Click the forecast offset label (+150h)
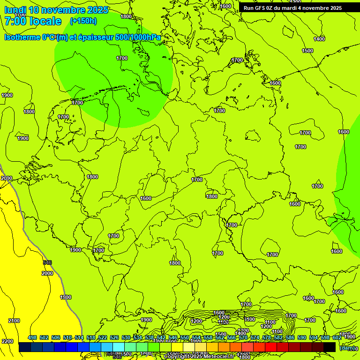pyautogui.click(x=83, y=21)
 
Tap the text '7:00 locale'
pyautogui.click(x=33, y=21)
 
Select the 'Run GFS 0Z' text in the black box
pyautogui.click(x=260, y=8)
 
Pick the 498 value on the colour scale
pyautogui.click(x=32, y=337)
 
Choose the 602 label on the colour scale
pyautogui.click(x=337, y=337)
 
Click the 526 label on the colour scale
pyautogui.click(x=114, y=337)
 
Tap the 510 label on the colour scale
pyautogui.click(x=67, y=337)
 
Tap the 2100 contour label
pyautogui.click(x=14, y=321)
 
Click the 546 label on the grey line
pyautogui.click(x=47, y=262)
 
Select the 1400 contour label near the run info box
pyautogui.click(x=319, y=39)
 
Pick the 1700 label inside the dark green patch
pyautogui.click(x=122, y=58)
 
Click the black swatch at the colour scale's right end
pyautogui.click(x=330, y=347)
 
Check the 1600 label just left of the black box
pyautogui.click(x=226, y=6)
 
